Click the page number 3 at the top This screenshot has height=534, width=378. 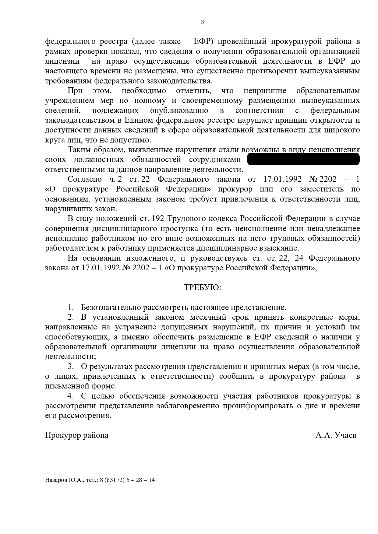click(203, 22)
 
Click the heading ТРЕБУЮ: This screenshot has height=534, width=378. click(203, 288)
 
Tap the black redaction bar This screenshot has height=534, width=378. click(303, 159)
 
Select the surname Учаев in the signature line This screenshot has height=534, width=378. click(345, 435)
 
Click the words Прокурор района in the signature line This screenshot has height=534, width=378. click(77, 435)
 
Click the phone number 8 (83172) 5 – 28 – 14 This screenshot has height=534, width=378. click(129, 480)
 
